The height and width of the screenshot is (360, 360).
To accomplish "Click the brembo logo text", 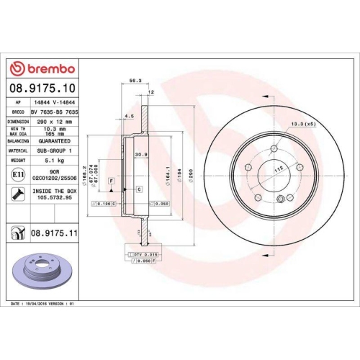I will click(48, 68).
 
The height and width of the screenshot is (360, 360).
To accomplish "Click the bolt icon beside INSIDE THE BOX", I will click(17, 193).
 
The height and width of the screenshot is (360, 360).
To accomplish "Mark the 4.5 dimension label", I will click(128, 115).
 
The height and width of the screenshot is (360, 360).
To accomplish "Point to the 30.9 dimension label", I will click(142, 153).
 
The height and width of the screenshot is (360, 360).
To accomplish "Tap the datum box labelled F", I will click(112, 179).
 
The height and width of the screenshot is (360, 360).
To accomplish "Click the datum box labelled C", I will click(138, 189).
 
